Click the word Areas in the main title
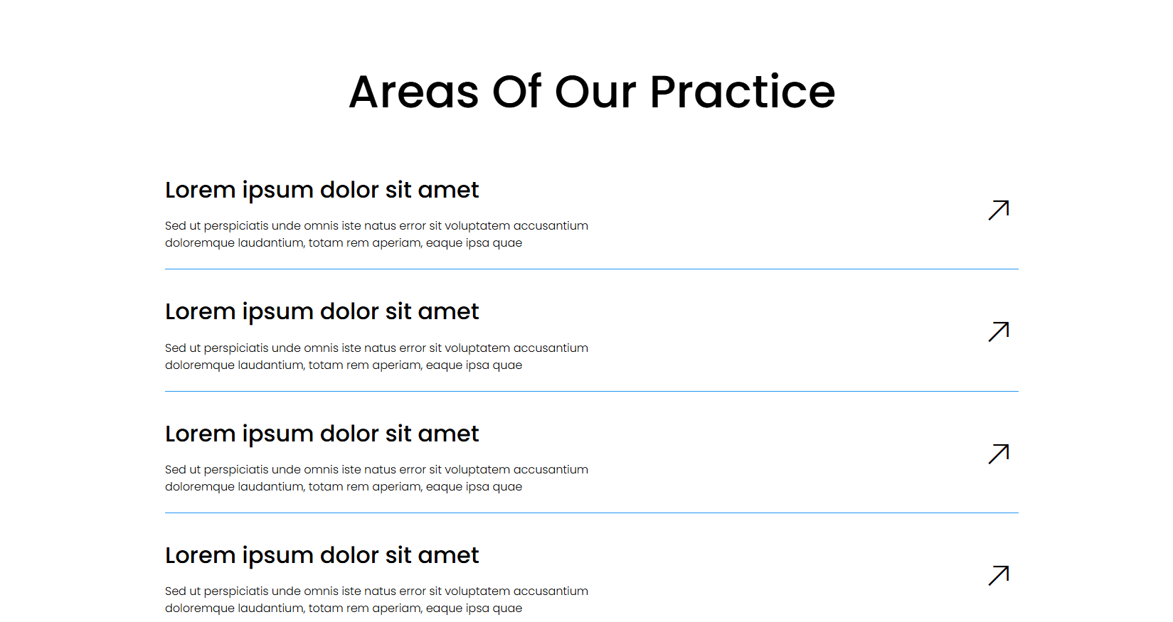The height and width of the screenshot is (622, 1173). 414,92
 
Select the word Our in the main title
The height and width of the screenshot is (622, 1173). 595,92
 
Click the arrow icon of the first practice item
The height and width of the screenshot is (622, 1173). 999,210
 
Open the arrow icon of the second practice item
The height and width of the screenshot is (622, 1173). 999,332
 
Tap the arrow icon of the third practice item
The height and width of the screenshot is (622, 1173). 999,454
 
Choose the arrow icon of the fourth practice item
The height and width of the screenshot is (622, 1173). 999,576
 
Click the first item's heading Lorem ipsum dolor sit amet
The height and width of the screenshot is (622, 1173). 322,191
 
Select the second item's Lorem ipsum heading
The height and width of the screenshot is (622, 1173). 322,312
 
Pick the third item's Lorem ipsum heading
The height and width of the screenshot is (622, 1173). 322,434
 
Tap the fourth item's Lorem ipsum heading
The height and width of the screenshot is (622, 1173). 322,556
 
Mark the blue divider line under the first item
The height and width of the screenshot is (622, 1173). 592,269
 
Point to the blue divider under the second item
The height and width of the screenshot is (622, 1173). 592,391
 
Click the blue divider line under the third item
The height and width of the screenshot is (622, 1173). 592,513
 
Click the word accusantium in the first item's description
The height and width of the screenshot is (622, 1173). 551,226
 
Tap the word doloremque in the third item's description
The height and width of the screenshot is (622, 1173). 200,488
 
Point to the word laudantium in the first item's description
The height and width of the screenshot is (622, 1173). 271,243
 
